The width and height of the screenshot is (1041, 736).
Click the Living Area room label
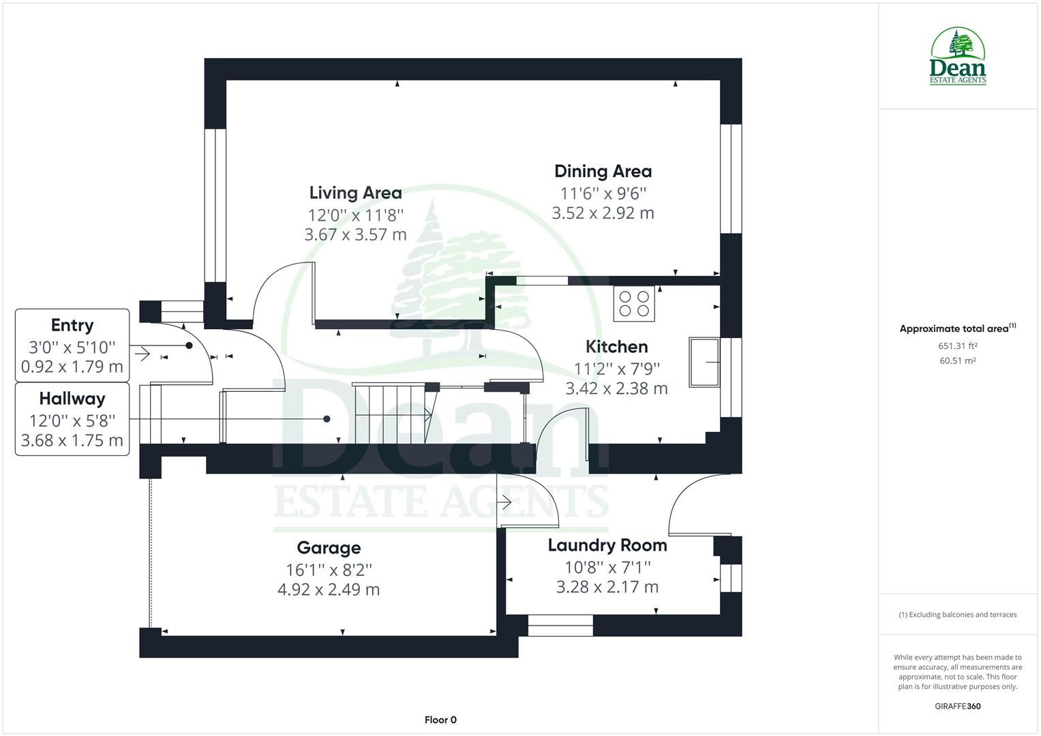point(355,193)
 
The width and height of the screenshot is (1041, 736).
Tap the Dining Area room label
point(603,172)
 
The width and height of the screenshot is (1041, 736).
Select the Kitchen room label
point(616,347)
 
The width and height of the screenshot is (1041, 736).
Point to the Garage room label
point(329,548)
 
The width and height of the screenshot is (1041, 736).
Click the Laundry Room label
point(607,545)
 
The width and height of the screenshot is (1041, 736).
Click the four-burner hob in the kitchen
point(634,304)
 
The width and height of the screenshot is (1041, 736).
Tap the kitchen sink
point(704,363)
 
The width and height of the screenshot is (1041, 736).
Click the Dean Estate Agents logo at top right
point(957,56)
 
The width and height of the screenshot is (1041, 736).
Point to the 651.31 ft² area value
point(957,346)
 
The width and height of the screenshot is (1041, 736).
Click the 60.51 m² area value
point(957,361)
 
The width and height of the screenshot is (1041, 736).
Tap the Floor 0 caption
point(440,720)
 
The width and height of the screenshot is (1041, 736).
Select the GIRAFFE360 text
point(957,706)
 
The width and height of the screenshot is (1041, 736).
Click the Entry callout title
point(72,325)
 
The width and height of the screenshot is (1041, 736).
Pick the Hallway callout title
point(72,399)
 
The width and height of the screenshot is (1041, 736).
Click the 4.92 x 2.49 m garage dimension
point(329,589)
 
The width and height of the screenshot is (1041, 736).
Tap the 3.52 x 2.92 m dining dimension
point(603,213)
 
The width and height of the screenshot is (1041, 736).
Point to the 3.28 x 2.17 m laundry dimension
point(607,587)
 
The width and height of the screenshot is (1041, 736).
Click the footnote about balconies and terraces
point(957,615)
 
